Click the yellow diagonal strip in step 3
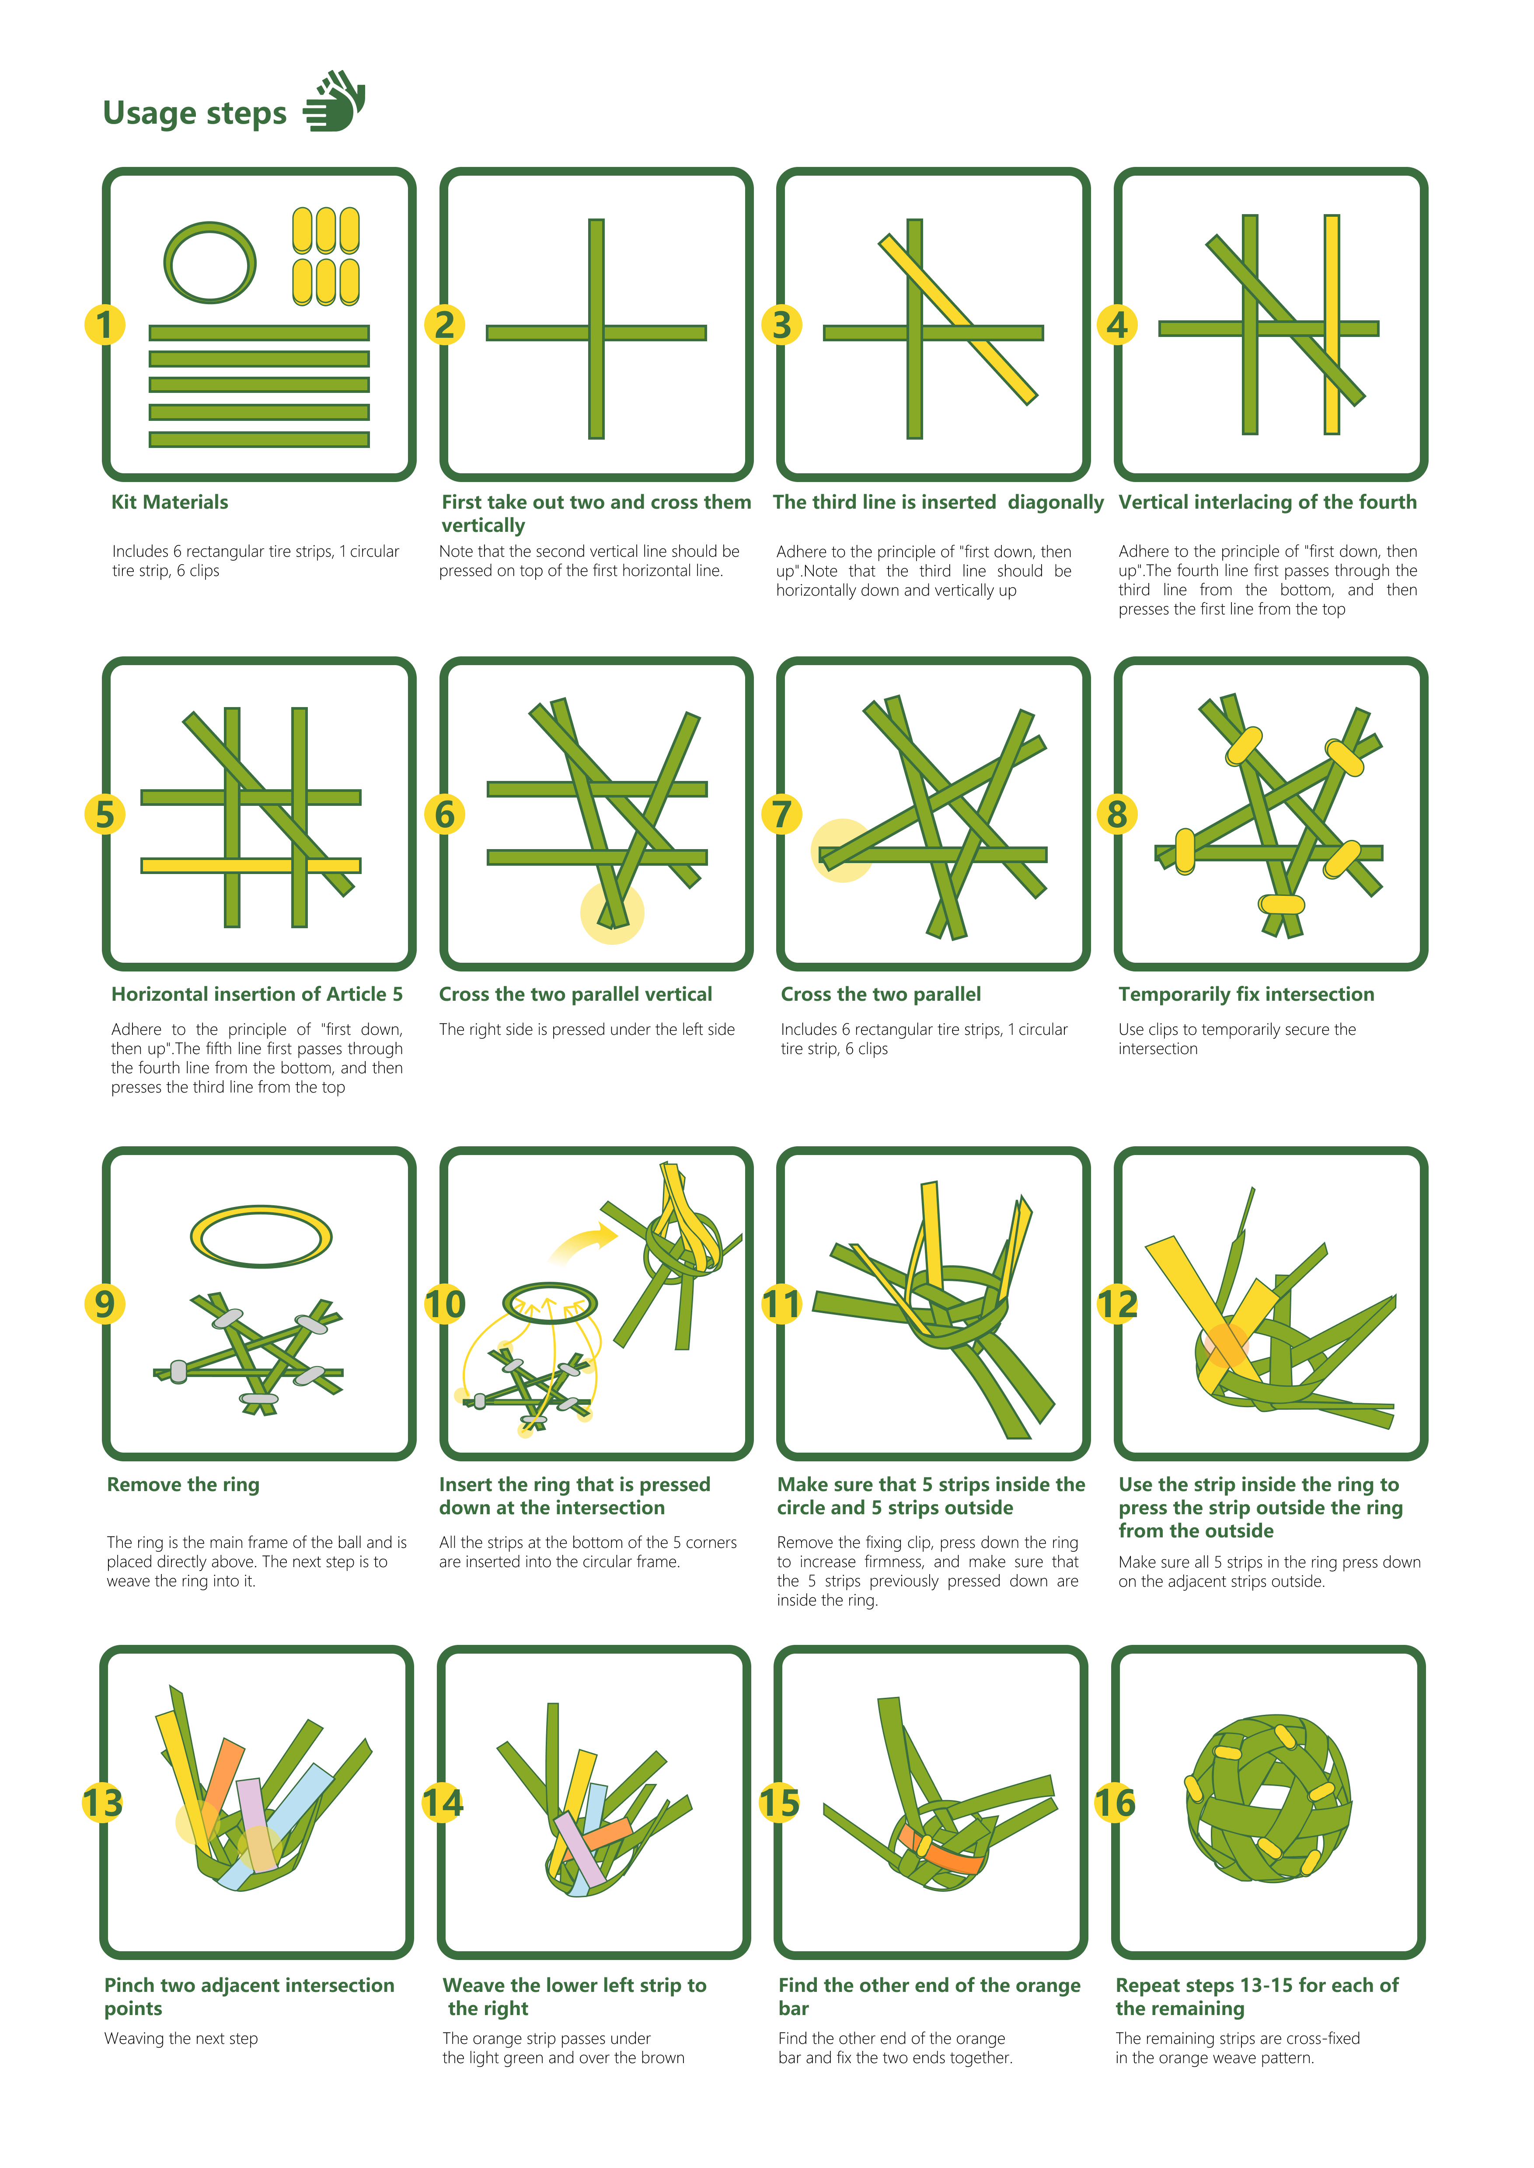pyautogui.click(x=958, y=319)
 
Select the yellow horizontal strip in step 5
pyautogui.click(x=251, y=865)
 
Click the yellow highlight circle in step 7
pyautogui.click(x=842, y=850)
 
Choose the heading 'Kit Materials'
pyautogui.click(x=170, y=503)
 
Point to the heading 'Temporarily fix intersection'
pyautogui.click(x=1246, y=994)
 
